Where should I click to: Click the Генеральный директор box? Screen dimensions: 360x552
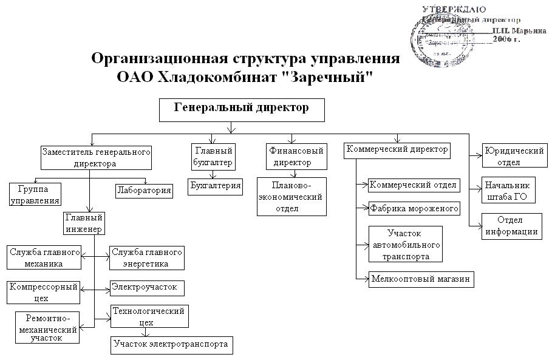pyautogui.click(x=242, y=110)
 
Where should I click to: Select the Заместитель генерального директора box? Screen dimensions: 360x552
pyautogui.click(x=96, y=157)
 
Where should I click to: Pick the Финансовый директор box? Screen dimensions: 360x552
pyautogui.click(x=296, y=157)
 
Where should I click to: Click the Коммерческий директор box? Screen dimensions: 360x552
pyautogui.click(x=397, y=150)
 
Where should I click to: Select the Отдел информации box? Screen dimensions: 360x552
pyautogui.click(x=510, y=225)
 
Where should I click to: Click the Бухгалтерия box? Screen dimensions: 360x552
pyautogui.click(x=216, y=186)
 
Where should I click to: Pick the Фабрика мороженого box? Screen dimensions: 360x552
pyautogui.click(x=414, y=209)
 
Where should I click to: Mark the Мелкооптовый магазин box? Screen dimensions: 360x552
pyautogui.click(x=421, y=279)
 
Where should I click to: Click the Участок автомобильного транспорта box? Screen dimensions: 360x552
pyautogui.click(x=405, y=244)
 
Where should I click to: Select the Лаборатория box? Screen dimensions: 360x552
pyautogui.click(x=144, y=191)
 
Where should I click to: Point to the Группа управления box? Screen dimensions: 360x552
pyautogui.click(x=35, y=194)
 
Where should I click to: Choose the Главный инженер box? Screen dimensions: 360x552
pyautogui.click(x=84, y=222)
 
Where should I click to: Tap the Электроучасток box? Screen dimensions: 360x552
pyautogui.click(x=147, y=287)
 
